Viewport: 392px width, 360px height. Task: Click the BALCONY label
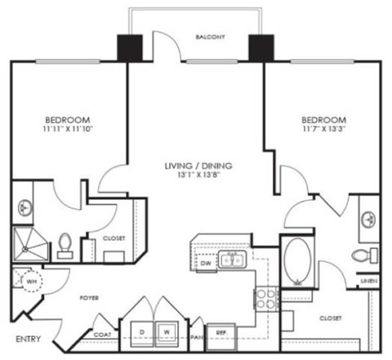click(x=210, y=38)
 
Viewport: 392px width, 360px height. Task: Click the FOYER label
click(x=89, y=299)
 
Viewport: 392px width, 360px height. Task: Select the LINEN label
click(x=369, y=282)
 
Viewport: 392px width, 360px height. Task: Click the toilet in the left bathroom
click(x=66, y=244)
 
